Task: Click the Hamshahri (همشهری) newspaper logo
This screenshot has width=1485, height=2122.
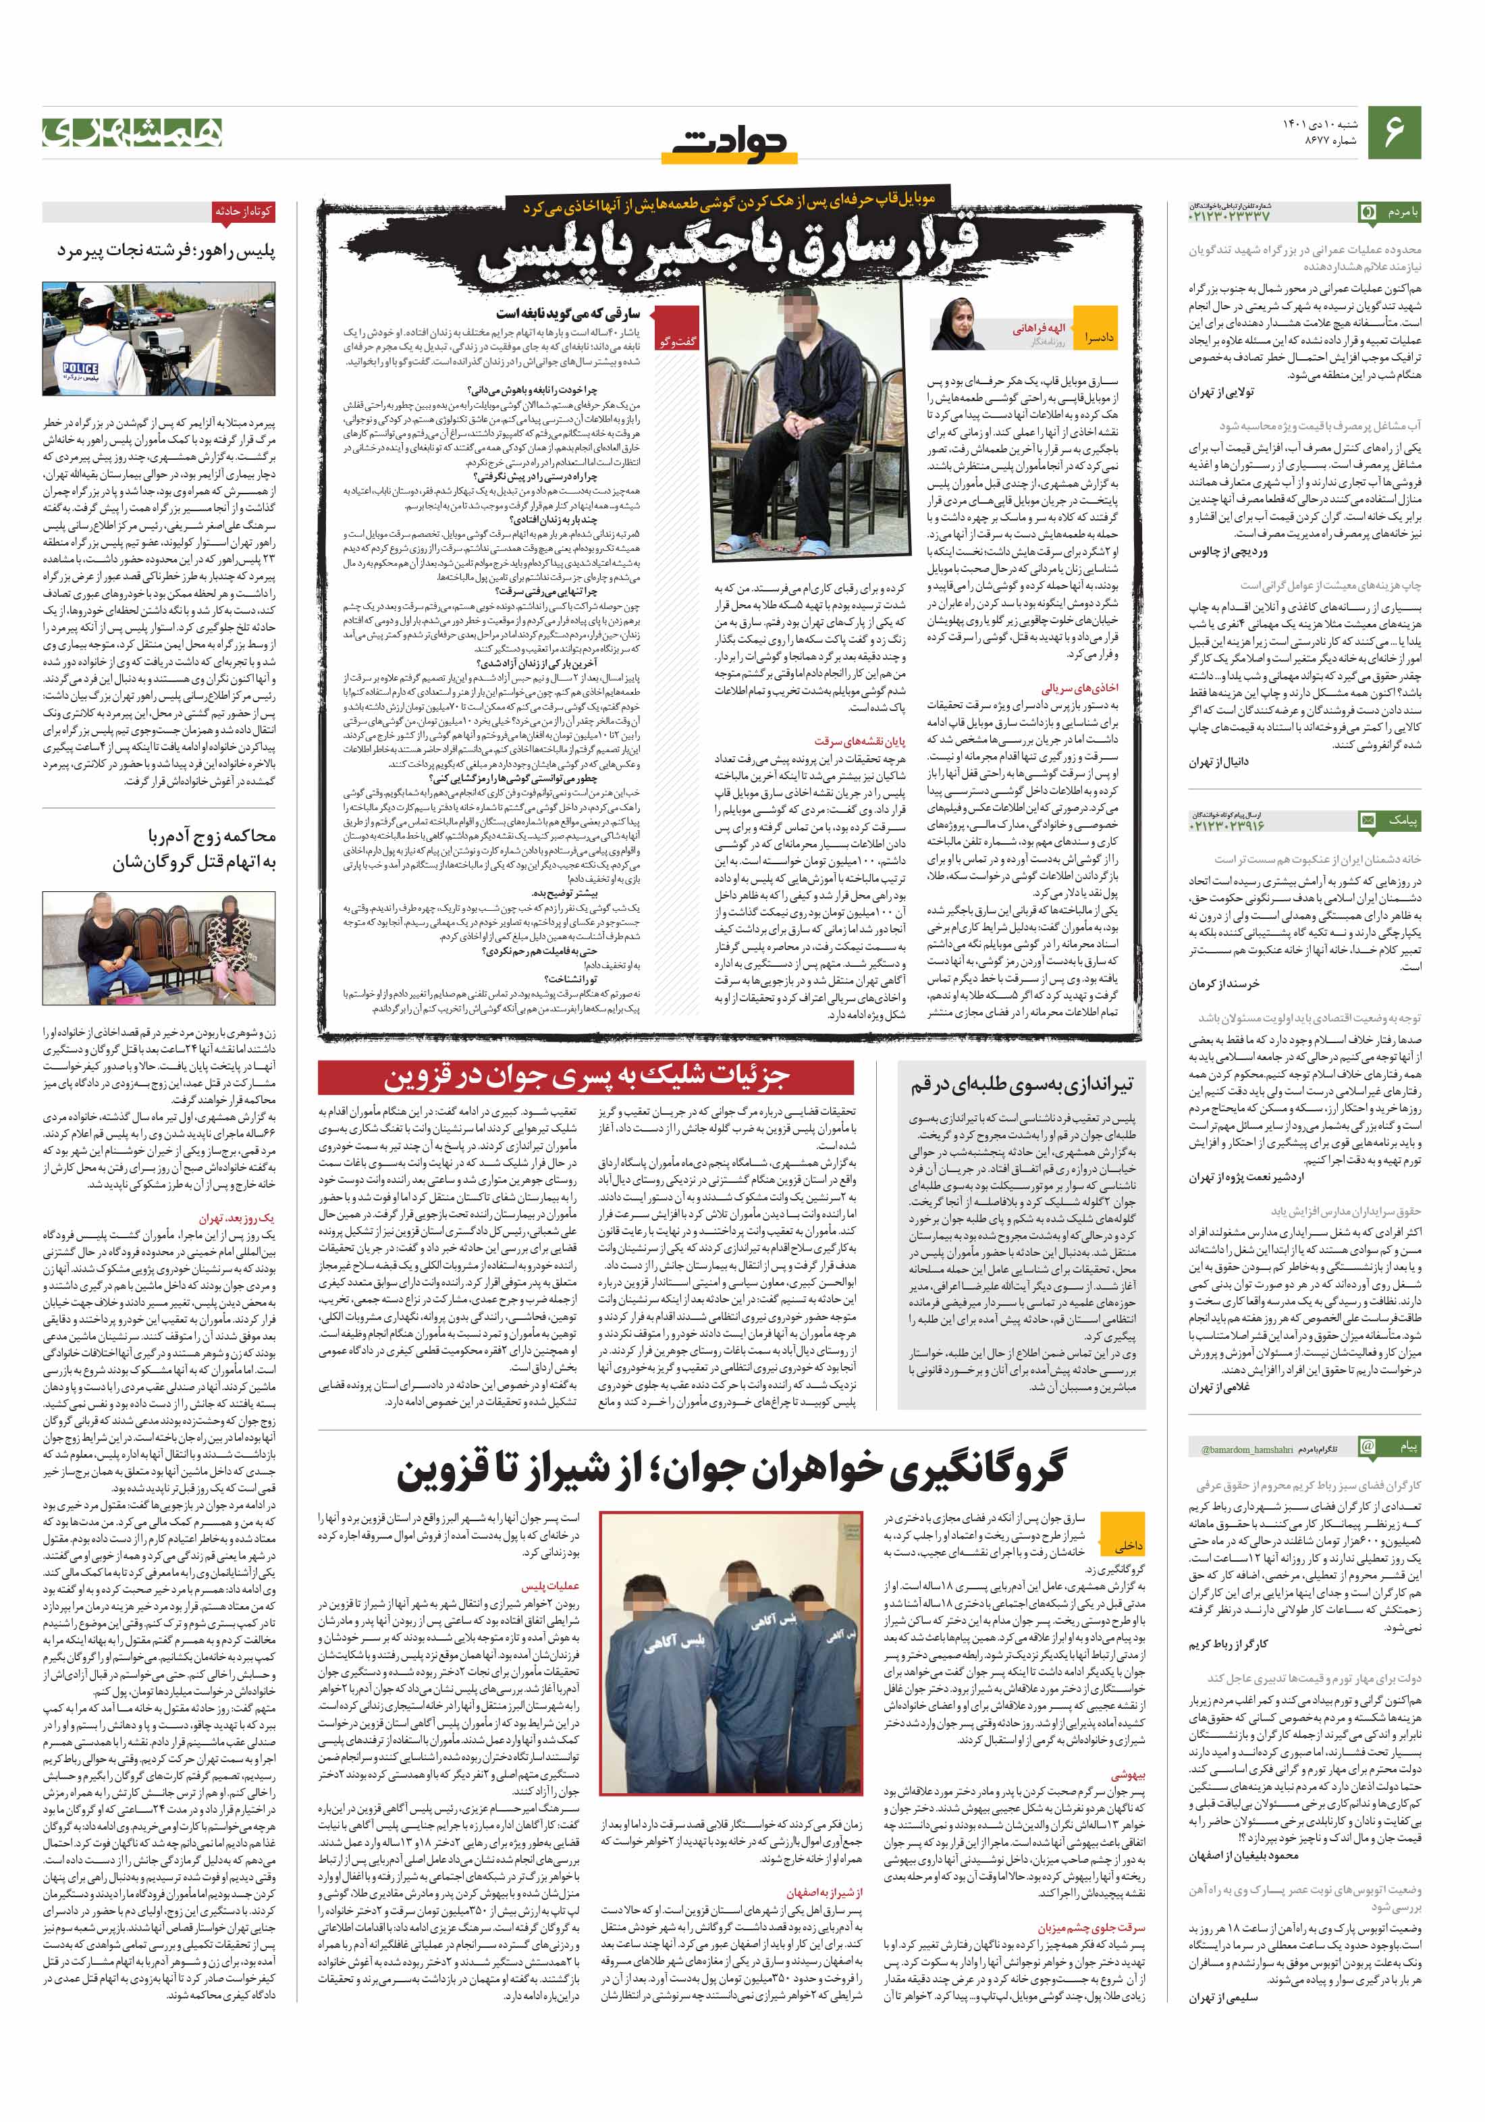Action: point(132,133)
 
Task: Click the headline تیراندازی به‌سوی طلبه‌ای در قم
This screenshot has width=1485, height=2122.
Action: point(1020,1084)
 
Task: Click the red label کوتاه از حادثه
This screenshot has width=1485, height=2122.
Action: point(243,211)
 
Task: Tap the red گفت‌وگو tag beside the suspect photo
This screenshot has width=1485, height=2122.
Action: point(678,341)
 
